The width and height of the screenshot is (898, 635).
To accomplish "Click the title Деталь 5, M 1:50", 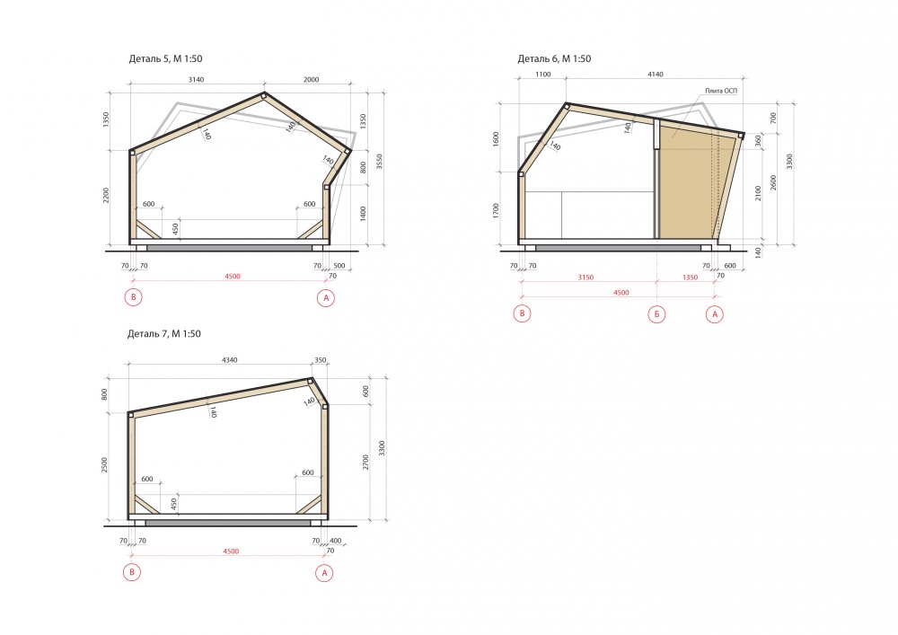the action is (165, 58).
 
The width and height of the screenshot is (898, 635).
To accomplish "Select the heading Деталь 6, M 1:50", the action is (554, 58).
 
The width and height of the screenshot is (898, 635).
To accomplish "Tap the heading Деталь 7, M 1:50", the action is (163, 334).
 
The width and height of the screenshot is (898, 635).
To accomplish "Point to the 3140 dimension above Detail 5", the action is (196, 80).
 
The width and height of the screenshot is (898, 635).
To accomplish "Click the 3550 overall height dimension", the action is (379, 162).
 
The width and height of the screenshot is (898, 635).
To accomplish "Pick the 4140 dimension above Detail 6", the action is (656, 75).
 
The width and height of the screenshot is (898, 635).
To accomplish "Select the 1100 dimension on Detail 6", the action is (543, 75).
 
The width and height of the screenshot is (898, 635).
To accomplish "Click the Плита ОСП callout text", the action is (721, 91).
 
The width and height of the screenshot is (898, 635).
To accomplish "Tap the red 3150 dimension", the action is (585, 278).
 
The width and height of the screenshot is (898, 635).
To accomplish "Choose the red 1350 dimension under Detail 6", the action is (690, 278).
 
